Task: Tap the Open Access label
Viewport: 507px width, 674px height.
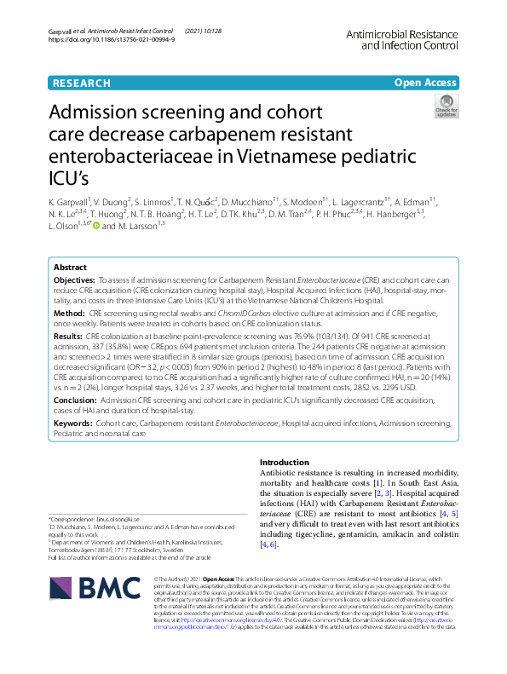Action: click(425, 83)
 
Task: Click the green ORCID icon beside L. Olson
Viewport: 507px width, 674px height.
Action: click(96, 226)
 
